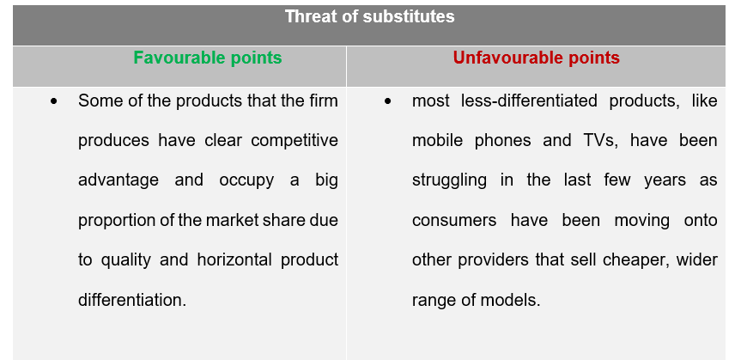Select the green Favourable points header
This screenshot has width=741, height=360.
coord(208,58)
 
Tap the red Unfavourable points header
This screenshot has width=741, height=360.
coord(537,58)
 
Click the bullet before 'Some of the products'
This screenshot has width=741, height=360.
coord(54,101)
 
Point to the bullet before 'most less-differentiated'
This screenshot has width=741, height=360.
coord(388,101)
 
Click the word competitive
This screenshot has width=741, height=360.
coord(295,141)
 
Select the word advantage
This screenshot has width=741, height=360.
coord(118,180)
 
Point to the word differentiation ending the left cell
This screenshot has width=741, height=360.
coord(132,300)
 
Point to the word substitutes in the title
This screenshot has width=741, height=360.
coord(409,17)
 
